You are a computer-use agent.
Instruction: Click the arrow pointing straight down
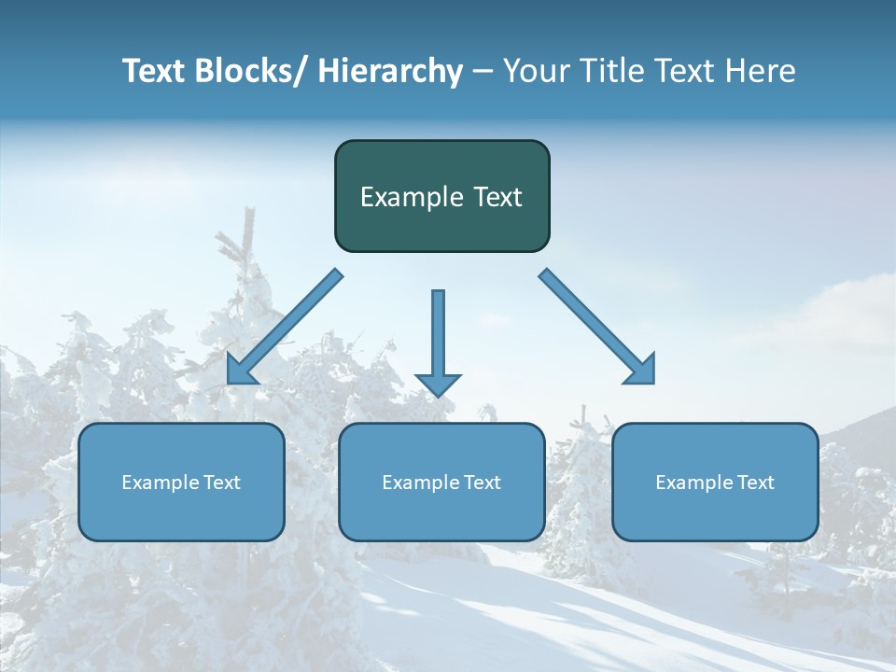[x=438, y=336]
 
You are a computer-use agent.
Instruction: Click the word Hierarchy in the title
[x=390, y=71]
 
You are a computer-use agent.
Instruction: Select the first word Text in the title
[x=153, y=71]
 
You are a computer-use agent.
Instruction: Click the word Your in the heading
[x=536, y=71]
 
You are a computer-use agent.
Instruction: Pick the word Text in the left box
[x=222, y=483]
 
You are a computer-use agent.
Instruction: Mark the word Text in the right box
[x=756, y=483]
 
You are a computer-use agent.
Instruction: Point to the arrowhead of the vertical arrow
[x=438, y=384]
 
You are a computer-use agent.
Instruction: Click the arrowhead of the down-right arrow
[x=642, y=371]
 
